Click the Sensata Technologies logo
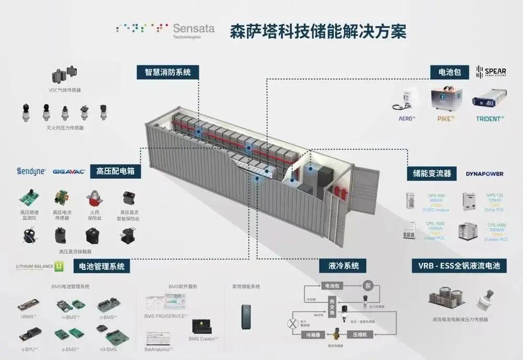tap(165, 30)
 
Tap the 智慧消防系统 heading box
tap(168, 72)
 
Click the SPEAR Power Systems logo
tap(491, 72)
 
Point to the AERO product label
tap(406, 119)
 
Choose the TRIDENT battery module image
tap(487, 101)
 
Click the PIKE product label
tap(446, 119)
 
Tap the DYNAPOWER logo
tap(484, 173)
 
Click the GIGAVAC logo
tap(69, 171)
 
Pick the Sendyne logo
tap(31, 171)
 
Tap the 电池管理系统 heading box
tap(102, 266)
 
